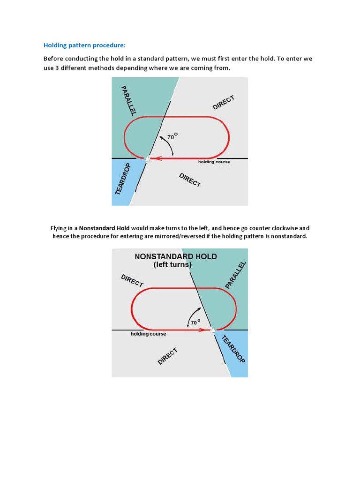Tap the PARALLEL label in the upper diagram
[x=128, y=101]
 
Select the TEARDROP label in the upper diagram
[x=124, y=179]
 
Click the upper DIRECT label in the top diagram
[x=223, y=103]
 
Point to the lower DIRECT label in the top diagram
[x=190, y=180]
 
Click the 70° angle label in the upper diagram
[x=172, y=137]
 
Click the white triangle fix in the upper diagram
[x=147, y=159]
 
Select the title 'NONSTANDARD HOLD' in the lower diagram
[x=175, y=256]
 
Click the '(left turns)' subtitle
[x=172, y=264]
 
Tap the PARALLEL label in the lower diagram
[x=235, y=275]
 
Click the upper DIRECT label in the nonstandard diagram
[x=132, y=280]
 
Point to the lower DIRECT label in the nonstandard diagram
[x=167, y=356]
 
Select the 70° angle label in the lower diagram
[x=195, y=322]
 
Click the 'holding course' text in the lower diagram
[x=148, y=334]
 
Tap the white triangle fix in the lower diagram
[x=213, y=330]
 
